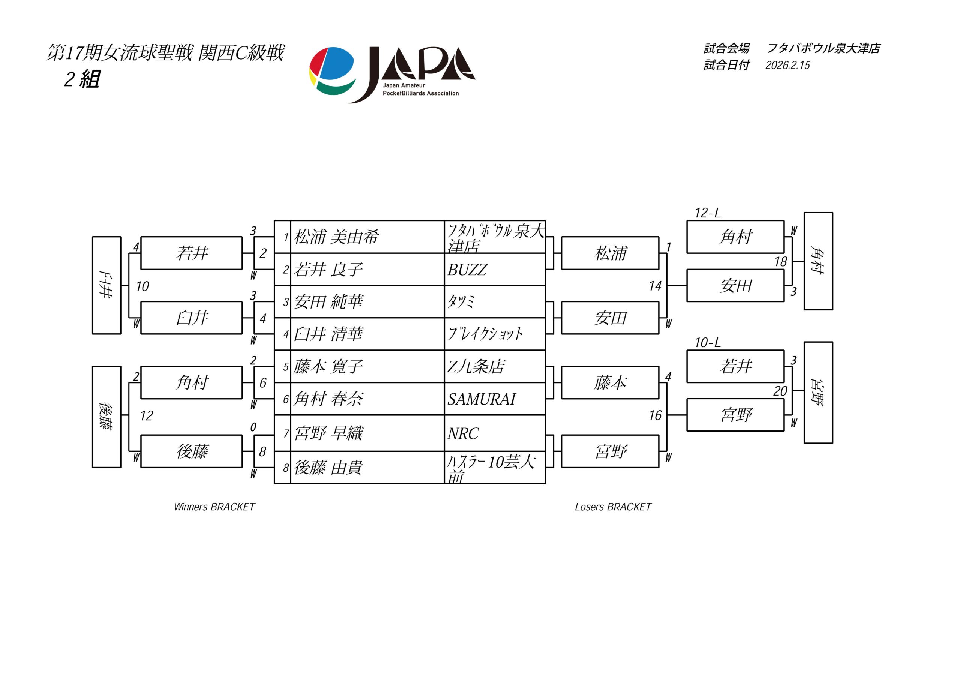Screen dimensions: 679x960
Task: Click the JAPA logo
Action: click(x=392, y=75)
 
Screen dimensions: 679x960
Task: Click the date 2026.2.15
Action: click(x=787, y=66)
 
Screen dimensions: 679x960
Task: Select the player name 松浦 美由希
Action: click(x=336, y=237)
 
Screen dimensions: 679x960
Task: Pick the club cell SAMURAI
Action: click(x=481, y=399)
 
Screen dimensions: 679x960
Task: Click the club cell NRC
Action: click(x=463, y=433)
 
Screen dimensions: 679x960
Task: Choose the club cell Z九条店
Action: click(x=476, y=367)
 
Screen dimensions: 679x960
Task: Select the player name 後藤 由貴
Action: click(x=328, y=468)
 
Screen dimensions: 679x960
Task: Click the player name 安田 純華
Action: click(x=328, y=302)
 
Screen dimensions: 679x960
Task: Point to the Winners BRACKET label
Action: click(x=214, y=507)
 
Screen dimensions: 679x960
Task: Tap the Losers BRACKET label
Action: click(x=613, y=507)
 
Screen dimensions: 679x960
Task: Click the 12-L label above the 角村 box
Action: click(x=708, y=213)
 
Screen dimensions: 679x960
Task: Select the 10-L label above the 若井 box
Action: click(x=708, y=343)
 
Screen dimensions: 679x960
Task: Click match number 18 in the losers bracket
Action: click(x=780, y=262)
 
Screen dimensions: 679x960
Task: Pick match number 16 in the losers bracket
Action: click(x=655, y=415)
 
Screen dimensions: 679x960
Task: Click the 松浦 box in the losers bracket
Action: click(x=610, y=253)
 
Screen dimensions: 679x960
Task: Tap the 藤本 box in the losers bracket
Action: click(x=610, y=382)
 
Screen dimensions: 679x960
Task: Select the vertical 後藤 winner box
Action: click(x=106, y=417)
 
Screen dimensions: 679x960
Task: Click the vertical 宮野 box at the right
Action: click(x=818, y=393)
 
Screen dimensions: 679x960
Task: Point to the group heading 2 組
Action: click(x=82, y=79)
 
